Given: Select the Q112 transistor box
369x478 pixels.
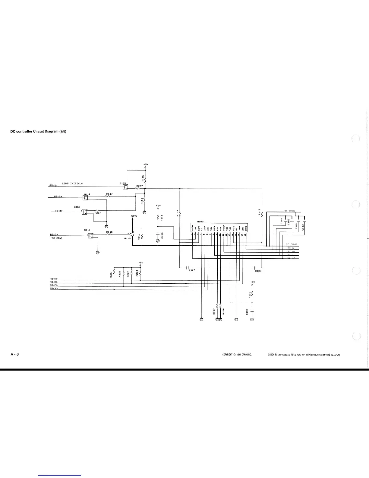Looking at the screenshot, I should tap(85, 198).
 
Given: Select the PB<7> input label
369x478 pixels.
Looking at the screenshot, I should tap(54, 279).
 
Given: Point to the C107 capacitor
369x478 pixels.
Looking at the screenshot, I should tap(187, 268).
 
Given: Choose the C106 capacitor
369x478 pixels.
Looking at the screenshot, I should tap(254, 268).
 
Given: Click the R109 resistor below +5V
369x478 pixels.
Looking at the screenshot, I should tap(252, 294).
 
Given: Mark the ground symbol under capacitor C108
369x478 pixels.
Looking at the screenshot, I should tap(252, 320).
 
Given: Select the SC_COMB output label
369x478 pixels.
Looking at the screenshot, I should tap(291, 244).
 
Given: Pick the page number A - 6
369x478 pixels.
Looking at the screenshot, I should tap(15, 354).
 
